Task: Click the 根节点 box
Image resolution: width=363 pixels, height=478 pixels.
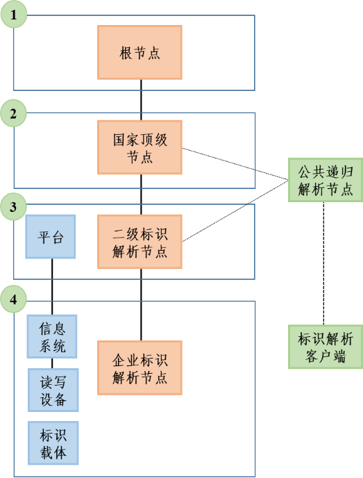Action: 140,52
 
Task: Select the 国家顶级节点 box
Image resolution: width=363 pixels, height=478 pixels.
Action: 140,148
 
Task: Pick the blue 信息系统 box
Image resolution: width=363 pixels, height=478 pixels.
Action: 52,336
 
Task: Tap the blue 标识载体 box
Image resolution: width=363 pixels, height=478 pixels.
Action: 53,443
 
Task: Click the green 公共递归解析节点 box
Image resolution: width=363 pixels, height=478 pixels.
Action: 323,180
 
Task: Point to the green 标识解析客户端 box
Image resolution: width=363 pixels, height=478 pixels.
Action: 323,347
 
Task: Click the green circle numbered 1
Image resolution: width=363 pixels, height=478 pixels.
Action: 14,14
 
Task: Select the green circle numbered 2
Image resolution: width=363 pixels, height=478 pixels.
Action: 14,113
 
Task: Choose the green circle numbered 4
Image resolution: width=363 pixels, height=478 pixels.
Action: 14,300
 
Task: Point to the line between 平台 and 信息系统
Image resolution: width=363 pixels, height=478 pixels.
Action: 52,286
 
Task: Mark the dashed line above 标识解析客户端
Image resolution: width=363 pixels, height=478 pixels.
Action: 323,264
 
